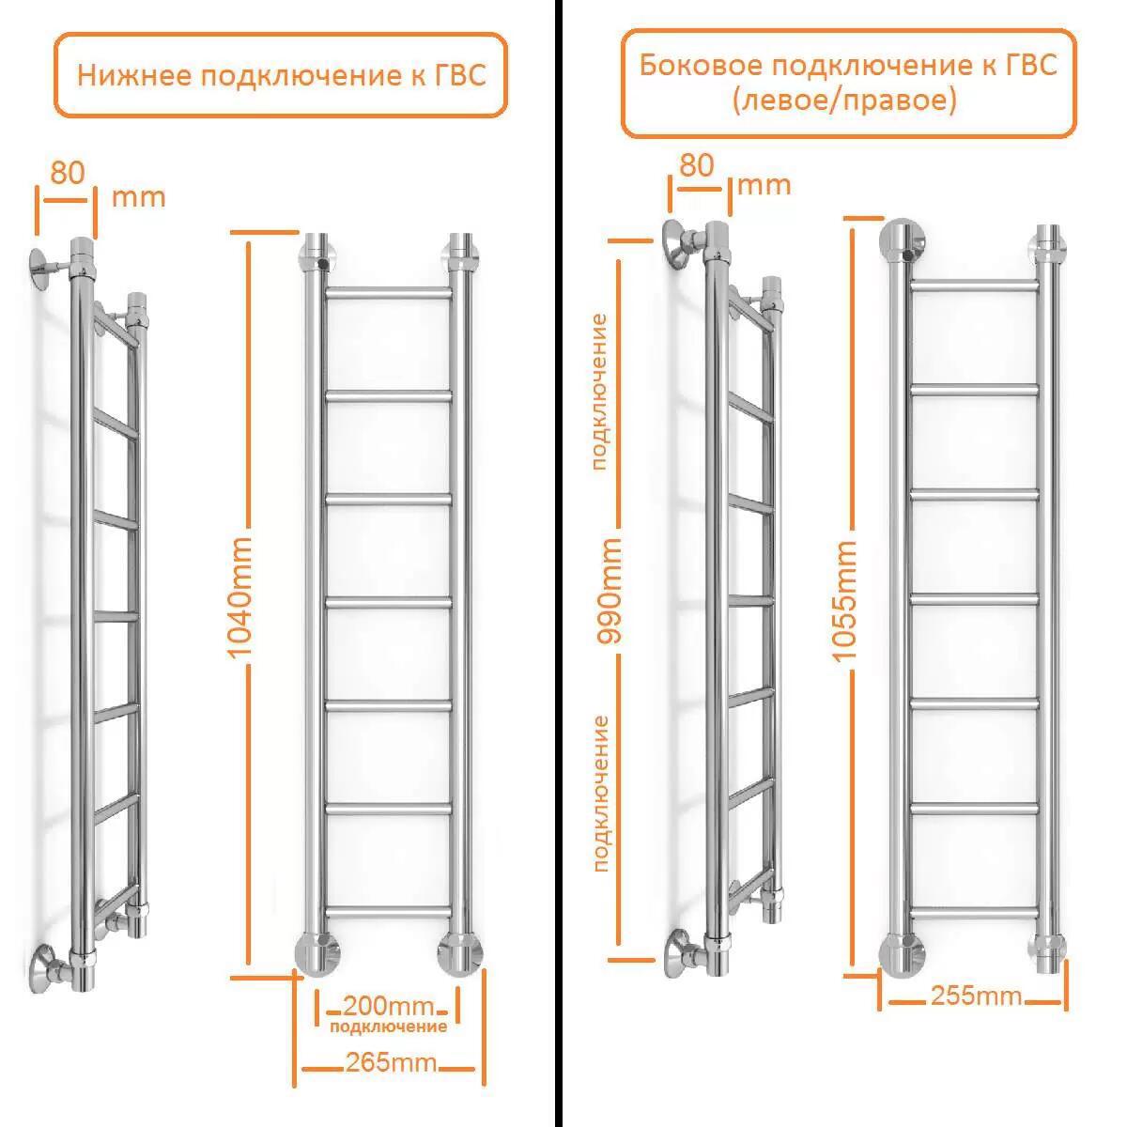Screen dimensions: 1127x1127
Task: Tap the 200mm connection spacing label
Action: [388, 1006]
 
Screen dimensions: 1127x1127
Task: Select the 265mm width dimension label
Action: [391, 1062]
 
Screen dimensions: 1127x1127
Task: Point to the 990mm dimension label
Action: [611, 590]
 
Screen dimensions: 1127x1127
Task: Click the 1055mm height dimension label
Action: [845, 602]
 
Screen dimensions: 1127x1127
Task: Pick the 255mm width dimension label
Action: [976, 996]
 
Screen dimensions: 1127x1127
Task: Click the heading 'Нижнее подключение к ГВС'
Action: [281, 75]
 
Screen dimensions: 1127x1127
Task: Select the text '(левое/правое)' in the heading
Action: [844, 100]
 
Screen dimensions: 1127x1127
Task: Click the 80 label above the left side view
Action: [67, 172]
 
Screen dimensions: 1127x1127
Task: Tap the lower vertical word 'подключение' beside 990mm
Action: [600, 794]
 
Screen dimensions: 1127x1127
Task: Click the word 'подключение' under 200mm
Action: [388, 1027]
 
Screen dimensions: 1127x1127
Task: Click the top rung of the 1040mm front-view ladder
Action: [388, 293]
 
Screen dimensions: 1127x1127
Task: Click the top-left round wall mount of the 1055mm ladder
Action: [902, 242]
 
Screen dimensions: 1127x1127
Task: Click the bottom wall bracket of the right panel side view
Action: [680, 950]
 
